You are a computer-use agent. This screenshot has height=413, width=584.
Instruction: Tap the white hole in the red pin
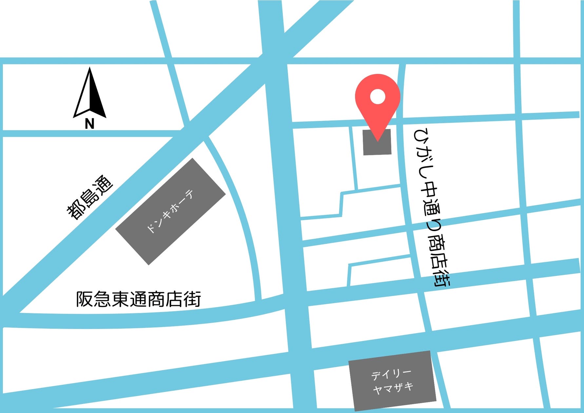click(x=378, y=97)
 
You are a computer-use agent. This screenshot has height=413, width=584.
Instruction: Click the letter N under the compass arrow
click(x=89, y=124)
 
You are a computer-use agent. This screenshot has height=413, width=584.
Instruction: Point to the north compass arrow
click(x=89, y=93)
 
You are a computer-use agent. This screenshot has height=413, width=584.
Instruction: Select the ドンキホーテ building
click(x=170, y=211)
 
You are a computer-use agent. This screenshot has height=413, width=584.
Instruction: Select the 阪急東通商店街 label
click(x=138, y=299)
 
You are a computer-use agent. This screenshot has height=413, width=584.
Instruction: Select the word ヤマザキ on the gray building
click(x=393, y=389)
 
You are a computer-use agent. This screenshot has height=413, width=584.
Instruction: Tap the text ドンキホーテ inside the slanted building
click(x=170, y=211)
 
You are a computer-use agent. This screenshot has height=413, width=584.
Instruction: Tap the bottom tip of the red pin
click(x=378, y=140)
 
